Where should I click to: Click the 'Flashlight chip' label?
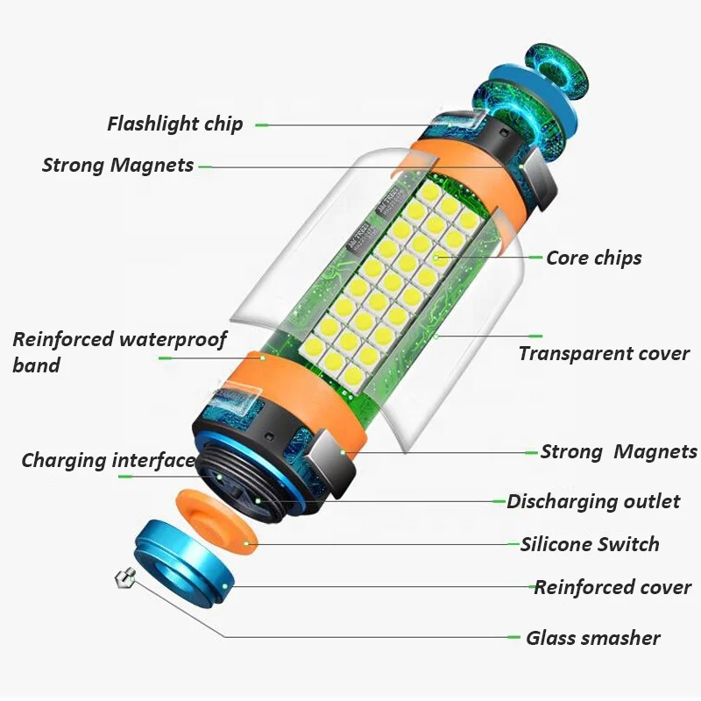click(174, 124)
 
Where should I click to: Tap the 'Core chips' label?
click(593, 258)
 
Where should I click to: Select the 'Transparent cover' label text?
click(604, 354)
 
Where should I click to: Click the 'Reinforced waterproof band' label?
click(119, 351)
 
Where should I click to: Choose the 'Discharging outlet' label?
click(593, 501)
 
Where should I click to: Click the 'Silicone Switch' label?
click(589, 544)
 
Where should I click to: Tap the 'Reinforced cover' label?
click(612, 587)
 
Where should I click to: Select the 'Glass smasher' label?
click(593, 638)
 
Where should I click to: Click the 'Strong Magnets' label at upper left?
click(117, 165)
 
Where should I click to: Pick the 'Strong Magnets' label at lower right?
click(619, 452)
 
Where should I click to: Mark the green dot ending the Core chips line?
click(435, 257)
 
